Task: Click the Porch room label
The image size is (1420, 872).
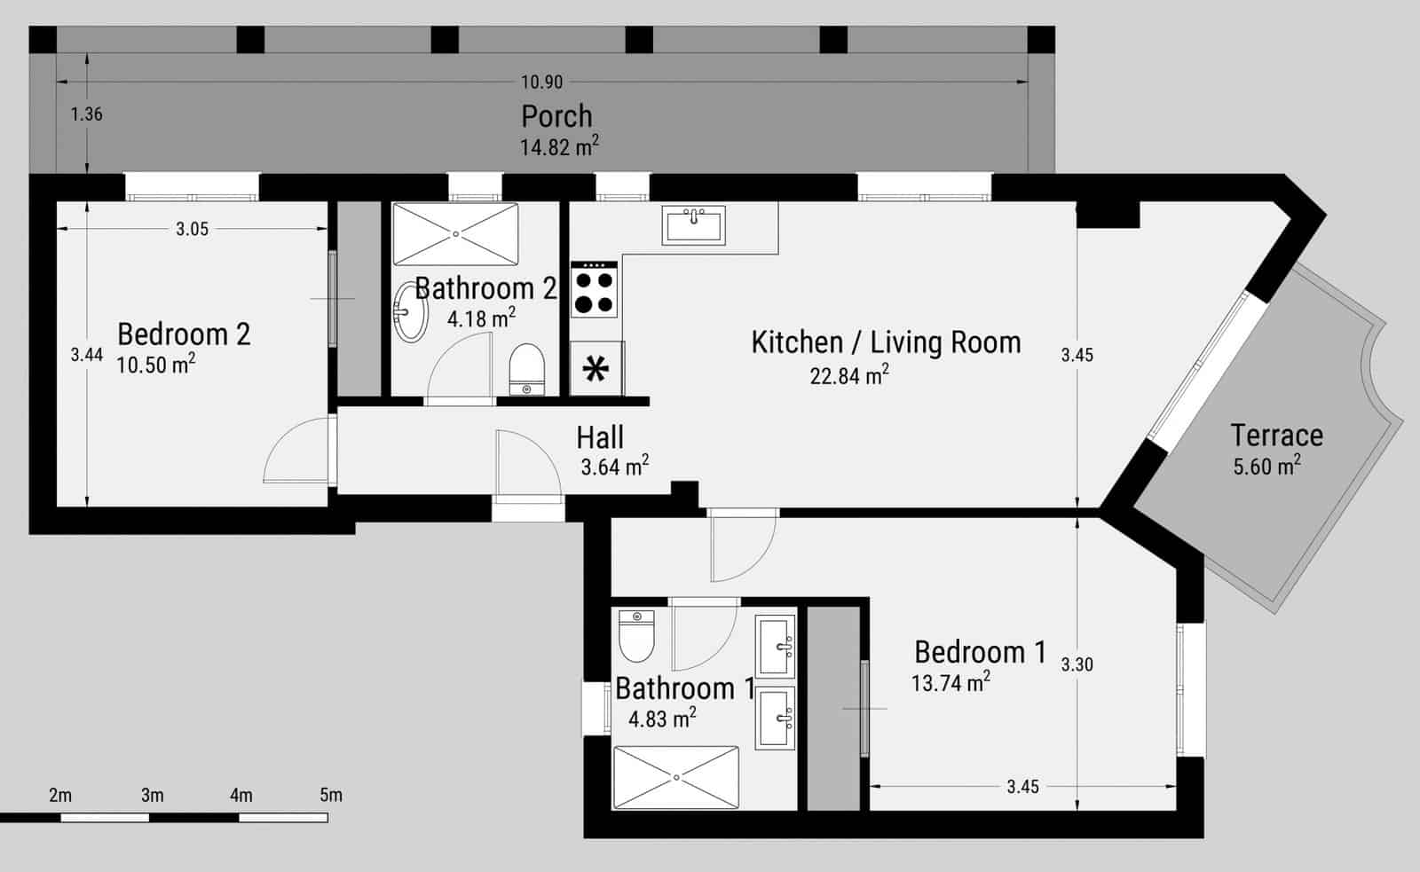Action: pyautogui.click(x=556, y=116)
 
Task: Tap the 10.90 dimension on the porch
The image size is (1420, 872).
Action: pyautogui.click(x=541, y=82)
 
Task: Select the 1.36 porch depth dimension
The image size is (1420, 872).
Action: pyautogui.click(x=87, y=114)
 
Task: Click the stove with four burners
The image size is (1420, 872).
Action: pyautogui.click(x=594, y=290)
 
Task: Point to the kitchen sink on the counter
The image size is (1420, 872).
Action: pyautogui.click(x=694, y=225)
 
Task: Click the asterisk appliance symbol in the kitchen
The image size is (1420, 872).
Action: pyautogui.click(x=596, y=368)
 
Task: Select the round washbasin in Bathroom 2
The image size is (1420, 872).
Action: pyautogui.click(x=409, y=311)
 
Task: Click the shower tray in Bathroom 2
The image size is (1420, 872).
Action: pyautogui.click(x=455, y=233)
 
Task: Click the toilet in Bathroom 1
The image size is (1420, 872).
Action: pyautogui.click(x=635, y=637)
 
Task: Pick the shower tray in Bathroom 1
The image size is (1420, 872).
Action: pyautogui.click(x=676, y=777)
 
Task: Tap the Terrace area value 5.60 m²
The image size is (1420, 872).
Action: pyautogui.click(x=1266, y=466)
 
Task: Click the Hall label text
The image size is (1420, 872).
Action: pyautogui.click(x=600, y=437)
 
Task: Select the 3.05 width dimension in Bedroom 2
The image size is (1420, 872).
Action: pyautogui.click(x=192, y=229)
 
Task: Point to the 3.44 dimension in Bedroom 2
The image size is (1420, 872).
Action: pyautogui.click(x=87, y=355)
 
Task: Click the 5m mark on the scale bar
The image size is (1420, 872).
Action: pyautogui.click(x=330, y=795)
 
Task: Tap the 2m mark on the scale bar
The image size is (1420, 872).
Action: pyautogui.click(x=60, y=795)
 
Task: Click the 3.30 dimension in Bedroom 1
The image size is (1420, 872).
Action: pyautogui.click(x=1077, y=664)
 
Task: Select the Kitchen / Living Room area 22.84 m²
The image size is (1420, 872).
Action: pyautogui.click(x=848, y=375)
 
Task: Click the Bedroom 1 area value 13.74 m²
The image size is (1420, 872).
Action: pyautogui.click(x=950, y=683)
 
